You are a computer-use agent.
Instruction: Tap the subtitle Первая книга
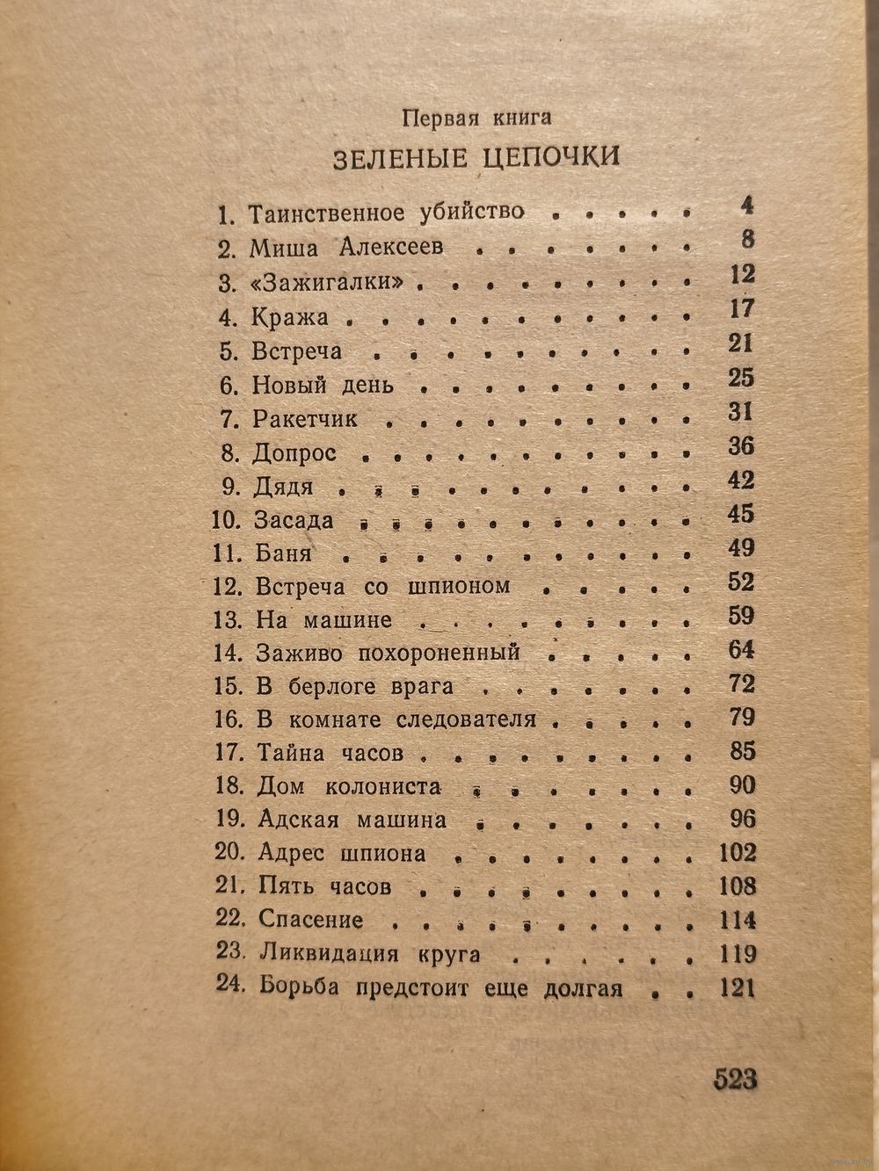coord(475,116)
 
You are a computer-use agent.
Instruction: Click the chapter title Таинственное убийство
coord(387,213)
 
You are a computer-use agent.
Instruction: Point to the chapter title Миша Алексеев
coord(346,248)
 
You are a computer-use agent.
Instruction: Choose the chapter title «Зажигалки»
coord(338,283)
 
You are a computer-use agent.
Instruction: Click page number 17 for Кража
coord(742,308)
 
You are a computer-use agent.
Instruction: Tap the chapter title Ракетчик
coord(305,419)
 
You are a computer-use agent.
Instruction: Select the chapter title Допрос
coord(294,453)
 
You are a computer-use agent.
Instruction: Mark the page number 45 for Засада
coord(741,514)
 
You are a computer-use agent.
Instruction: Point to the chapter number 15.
coord(228,686)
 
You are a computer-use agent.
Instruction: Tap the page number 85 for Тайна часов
coord(742,752)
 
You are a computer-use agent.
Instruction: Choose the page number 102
coord(736,853)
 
